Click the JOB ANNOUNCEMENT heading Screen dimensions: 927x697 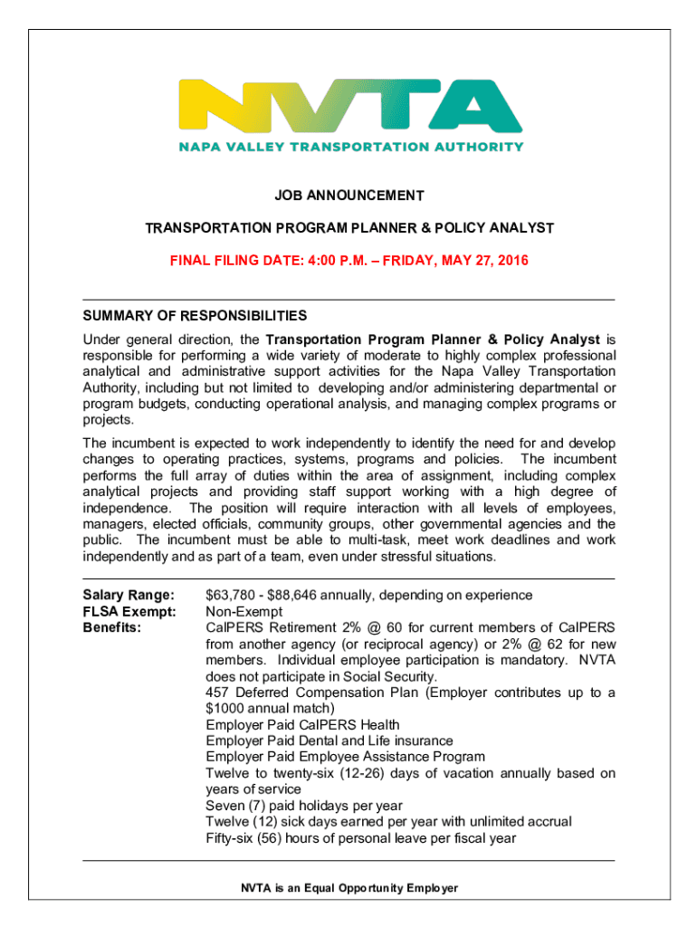(348, 196)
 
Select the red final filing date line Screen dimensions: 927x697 (348, 261)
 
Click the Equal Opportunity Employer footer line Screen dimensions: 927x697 (348, 888)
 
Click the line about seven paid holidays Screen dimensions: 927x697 (304, 806)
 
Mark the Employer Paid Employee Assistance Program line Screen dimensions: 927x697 (346, 757)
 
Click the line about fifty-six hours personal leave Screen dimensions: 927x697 (360, 838)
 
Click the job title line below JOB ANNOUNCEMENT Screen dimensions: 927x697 (348, 228)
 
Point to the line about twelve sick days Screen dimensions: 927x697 (388, 822)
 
